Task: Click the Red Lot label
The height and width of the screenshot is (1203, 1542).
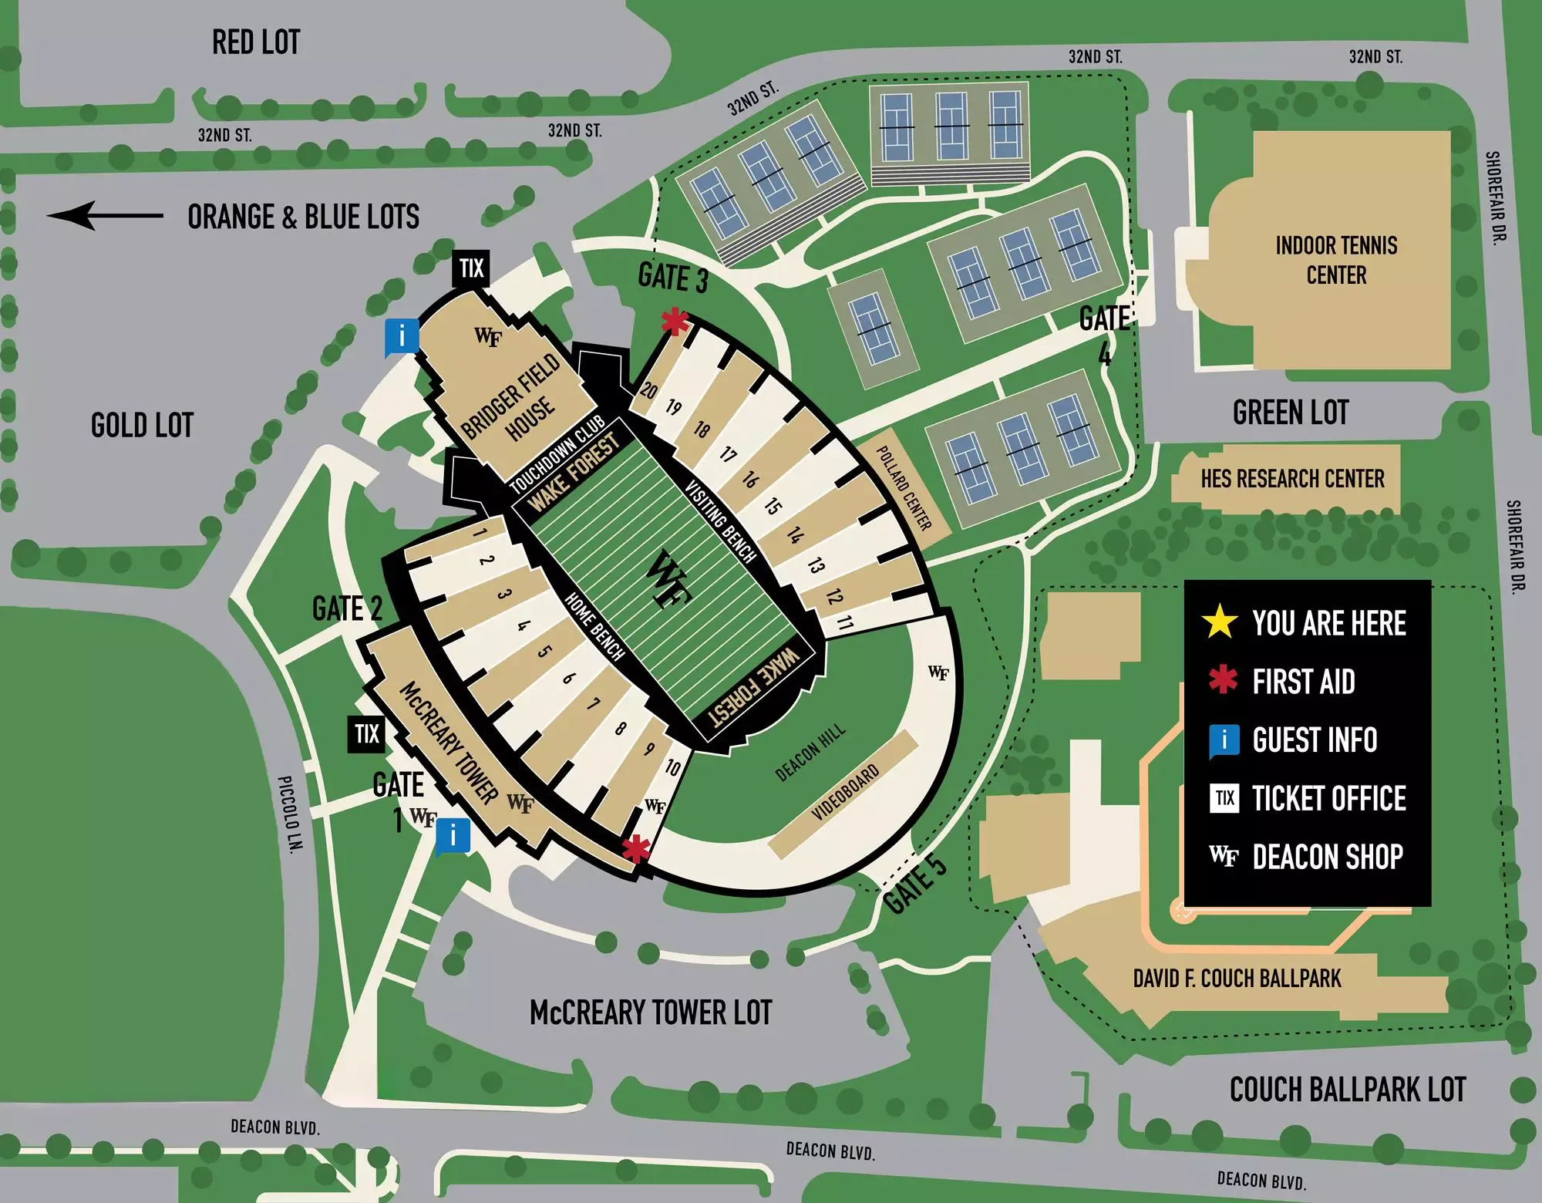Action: [x=256, y=42]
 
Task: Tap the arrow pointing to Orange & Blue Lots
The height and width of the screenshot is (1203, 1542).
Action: [x=105, y=216]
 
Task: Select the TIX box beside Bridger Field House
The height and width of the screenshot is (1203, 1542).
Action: [x=471, y=268]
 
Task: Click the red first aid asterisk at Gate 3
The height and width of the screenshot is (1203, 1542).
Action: [x=675, y=321]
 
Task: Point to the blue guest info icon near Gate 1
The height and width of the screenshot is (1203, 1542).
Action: [x=453, y=837]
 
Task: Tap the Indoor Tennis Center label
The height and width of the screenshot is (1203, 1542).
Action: [x=1336, y=260]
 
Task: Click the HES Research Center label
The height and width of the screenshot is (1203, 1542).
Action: [x=1292, y=479]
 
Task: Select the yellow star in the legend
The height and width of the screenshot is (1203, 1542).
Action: [x=1220, y=622]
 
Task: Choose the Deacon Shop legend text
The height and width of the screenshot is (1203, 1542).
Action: [x=1328, y=857]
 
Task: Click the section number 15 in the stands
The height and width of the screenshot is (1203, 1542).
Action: [x=772, y=506]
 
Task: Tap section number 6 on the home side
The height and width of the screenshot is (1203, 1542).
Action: [x=569, y=679]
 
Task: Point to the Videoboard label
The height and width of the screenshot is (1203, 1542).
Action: [x=845, y=793]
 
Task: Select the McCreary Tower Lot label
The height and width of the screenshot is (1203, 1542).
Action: [x=651, y=1013]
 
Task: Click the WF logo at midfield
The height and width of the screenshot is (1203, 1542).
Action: [x=667, y=579]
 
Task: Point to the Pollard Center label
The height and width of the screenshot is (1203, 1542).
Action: [x=904, y=488]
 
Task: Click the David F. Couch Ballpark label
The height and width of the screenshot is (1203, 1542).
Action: [x=1237, y=979]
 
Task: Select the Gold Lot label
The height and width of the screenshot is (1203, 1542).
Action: [x=142, y=425]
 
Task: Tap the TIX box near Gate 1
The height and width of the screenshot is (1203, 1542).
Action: [x=366, y=734]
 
